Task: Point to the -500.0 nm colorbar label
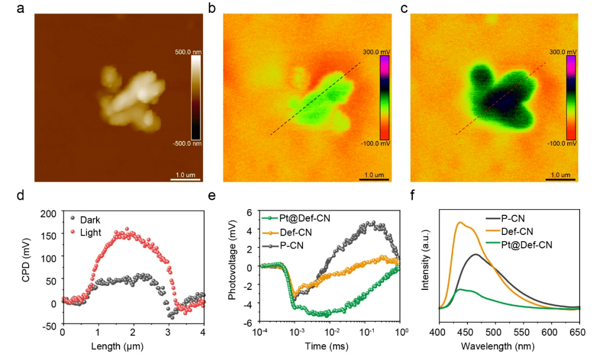pyautogui.click(x=187, y=144)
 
